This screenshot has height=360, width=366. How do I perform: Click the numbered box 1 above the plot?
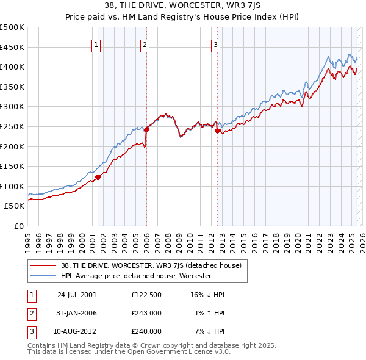click(x=97, y=44)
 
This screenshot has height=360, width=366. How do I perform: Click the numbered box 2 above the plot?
click(x=145, y=44)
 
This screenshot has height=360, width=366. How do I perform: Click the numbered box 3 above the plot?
click(x=215, y=44)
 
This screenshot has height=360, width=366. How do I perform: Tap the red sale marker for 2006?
click(x=146, y=129)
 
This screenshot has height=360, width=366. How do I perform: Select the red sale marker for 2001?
click(x=98, y=177)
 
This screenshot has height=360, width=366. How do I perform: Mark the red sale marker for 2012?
click(x=217, y=131)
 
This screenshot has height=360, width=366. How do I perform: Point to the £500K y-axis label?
click(x=12, y=27)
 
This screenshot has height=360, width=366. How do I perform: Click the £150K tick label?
click(x=12, y=166)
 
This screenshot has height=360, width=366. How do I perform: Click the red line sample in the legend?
click(x=43, y=265)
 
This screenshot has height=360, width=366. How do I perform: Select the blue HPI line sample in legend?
click(x=43, y=276)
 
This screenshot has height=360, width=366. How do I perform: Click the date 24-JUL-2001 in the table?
click(x=76, y=294)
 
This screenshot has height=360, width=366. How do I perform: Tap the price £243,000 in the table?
click(x=146, y=313)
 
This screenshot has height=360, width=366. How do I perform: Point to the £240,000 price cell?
click(x=146, y=331)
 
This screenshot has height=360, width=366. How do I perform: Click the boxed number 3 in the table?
click(x=31, y=331)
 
